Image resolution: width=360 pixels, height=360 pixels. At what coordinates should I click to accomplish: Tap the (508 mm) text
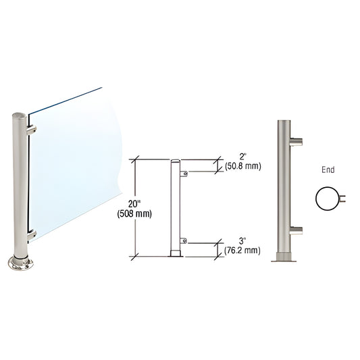[x=138, y=215]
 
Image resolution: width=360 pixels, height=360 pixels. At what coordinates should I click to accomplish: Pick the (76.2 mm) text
[x=241, y=251]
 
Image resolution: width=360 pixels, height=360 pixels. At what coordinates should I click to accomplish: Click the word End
[x=328, y=171]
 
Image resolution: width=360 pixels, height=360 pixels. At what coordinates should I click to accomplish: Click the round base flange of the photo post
[x=20, y=263]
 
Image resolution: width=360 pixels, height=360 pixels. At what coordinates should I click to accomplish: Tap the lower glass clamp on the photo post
[x=31, y=235]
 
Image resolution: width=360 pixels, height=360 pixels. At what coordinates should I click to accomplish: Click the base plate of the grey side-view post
[x=284, y=257]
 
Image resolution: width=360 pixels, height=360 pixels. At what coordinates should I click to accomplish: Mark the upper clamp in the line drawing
[x=184, y=174]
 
